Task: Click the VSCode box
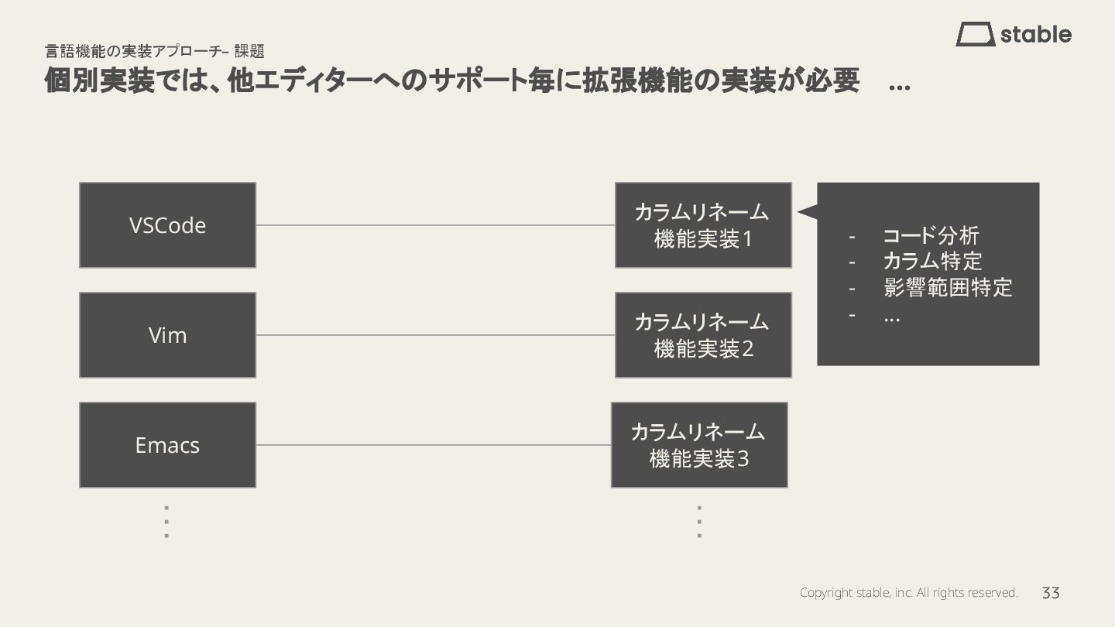[x=167, y=225]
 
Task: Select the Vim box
[x=167, y=335]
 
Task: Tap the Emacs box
[x=167, y=445]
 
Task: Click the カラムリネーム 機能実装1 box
[x=703, y=225]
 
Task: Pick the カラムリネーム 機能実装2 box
[x=703, y=335]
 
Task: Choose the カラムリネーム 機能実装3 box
[x=699, y=445]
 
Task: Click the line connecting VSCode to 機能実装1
[x=435, y=225]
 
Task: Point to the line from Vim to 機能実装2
[x=435, y=335]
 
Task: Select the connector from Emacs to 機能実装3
[x=434, y=445]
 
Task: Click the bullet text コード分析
[x=931, y=236]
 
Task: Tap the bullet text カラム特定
[x=932, y=262]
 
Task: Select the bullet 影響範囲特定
[x=948, y=288]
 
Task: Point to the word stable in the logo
[x=1036, y=35]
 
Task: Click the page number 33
[x=1051, y=593]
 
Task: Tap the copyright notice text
[x=908, y=593]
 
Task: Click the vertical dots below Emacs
[x=166, y=522]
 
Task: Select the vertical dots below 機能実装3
[x=699, y=522]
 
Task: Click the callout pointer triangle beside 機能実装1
[x=808, y=211]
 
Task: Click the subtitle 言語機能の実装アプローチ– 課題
[x=155, y=52]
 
